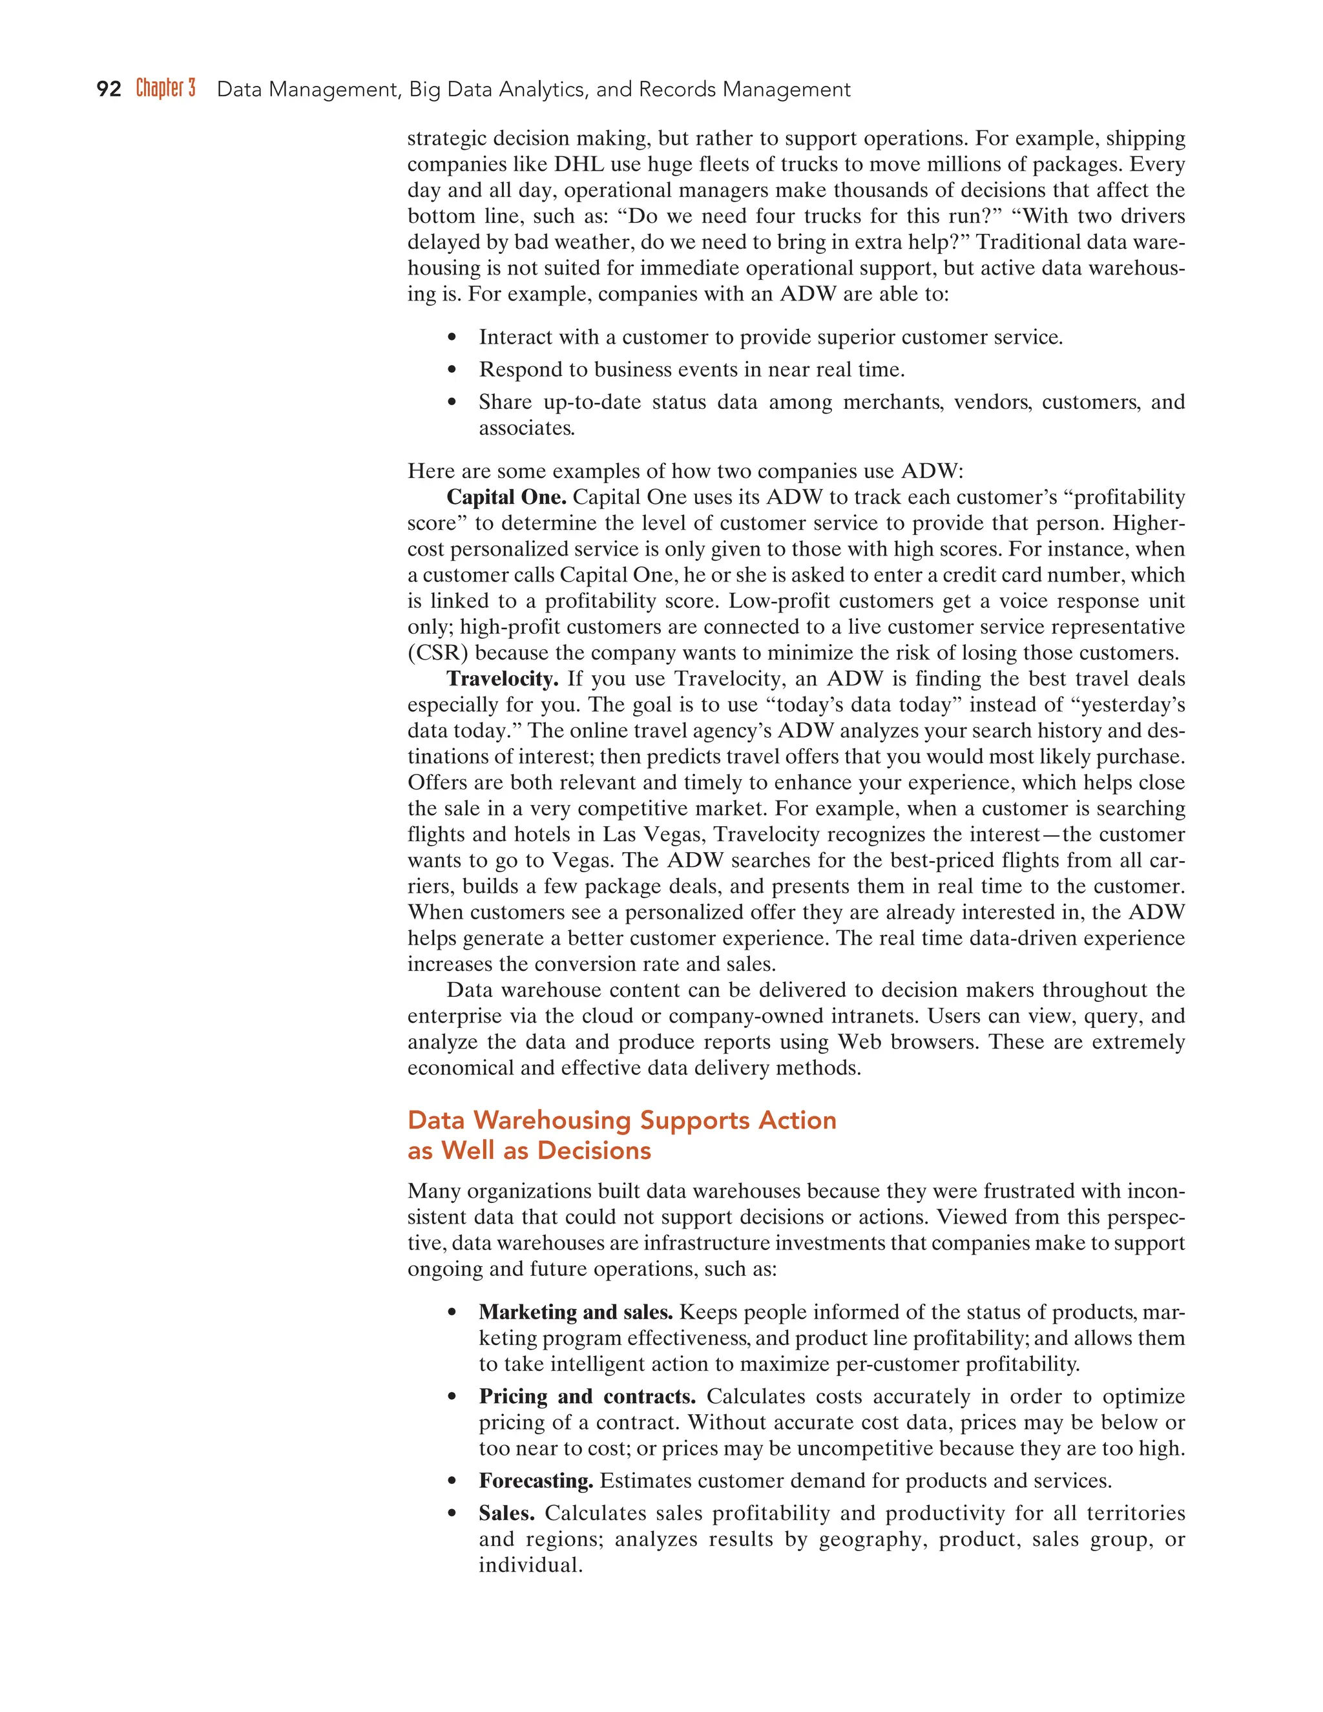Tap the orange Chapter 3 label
click(x=165, y=89)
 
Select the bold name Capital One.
click(x=506, y=497)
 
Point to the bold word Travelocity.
click(x=503, y=679)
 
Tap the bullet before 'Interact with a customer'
click(x=451, y=338)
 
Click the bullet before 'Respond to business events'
click(x=451, y=370)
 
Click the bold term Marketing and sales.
click(x=576, y=1312)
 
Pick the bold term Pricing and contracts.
click(x=587, y=1397)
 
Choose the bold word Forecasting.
click(x=536, y=1481)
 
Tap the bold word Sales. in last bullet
click(x=506, y=1513)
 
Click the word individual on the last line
click(x=530, y=1565)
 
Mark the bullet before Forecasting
click(x=451, y=1481)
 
